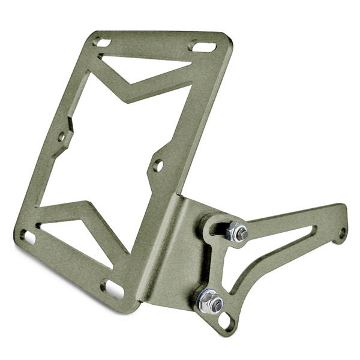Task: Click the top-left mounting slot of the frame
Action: [x=103, y=43]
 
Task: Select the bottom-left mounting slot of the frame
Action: [x=29, y=236]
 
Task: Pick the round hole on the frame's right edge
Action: [x=159, y=164]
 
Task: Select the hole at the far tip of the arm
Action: [x=342, y=232]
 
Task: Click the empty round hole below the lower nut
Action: [x=225, y=323]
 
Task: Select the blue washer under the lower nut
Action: [x=204, y=298]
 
